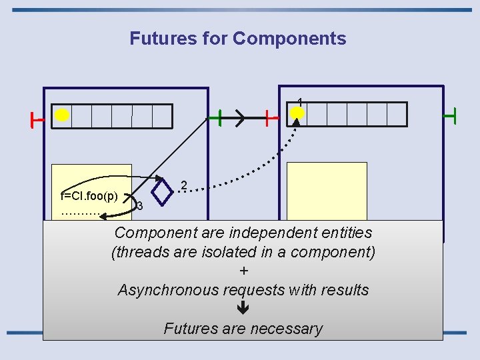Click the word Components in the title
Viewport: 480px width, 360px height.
[x=289, y=39]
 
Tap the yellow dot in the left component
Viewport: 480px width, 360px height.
[x=62, y=115]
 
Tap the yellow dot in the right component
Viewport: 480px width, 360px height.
[x=298, y=114]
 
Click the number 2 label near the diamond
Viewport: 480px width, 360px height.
[x=185, y=185]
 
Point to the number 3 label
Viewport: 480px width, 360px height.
[x=139, y=207]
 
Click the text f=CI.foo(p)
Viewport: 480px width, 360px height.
[x=89, y=196]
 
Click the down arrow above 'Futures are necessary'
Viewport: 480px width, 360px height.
[x=243, y=308]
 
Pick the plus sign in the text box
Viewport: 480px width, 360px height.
[x=243, y=271]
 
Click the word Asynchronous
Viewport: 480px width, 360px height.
[x=168, y=290]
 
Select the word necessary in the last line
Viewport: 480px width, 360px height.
[x=291, y=329]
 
